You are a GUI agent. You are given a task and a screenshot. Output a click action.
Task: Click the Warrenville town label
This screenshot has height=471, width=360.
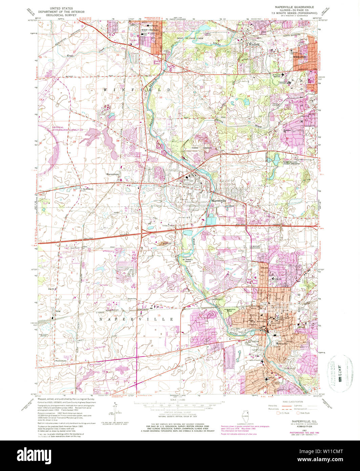(219, 201)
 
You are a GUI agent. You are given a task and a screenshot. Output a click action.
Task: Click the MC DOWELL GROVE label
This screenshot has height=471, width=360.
(185, 261)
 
